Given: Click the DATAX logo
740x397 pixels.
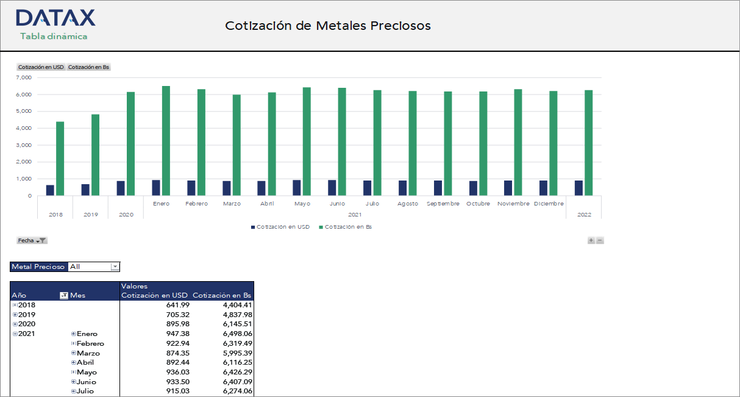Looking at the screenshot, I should pos(55,18).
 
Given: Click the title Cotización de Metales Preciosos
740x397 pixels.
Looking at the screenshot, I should pos(328,26).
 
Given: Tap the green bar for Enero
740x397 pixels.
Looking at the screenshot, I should pos(166,141).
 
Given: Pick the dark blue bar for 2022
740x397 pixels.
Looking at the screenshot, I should pos(578,188).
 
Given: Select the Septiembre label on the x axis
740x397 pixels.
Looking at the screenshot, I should pos(443,204).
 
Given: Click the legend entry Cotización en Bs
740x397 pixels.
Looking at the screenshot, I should pos(348,227).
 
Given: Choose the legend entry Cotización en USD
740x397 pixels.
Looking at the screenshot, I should pos(283,227).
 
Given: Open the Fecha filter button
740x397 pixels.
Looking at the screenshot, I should pos(32,240).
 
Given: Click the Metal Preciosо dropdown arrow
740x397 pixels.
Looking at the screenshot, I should pos(115,266).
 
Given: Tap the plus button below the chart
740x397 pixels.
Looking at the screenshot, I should pos(591,240).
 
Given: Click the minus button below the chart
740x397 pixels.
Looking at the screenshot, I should pos(600,240).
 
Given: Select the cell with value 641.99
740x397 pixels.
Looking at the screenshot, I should pos(177,305).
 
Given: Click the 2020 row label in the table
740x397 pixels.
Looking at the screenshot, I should pos(27,324).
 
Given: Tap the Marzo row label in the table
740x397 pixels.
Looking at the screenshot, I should pos(88,353).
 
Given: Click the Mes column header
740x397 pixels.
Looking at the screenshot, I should pos(78,295).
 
